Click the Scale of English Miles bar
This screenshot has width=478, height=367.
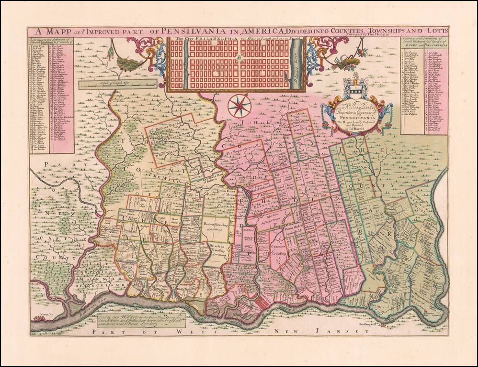pos(117,85)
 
